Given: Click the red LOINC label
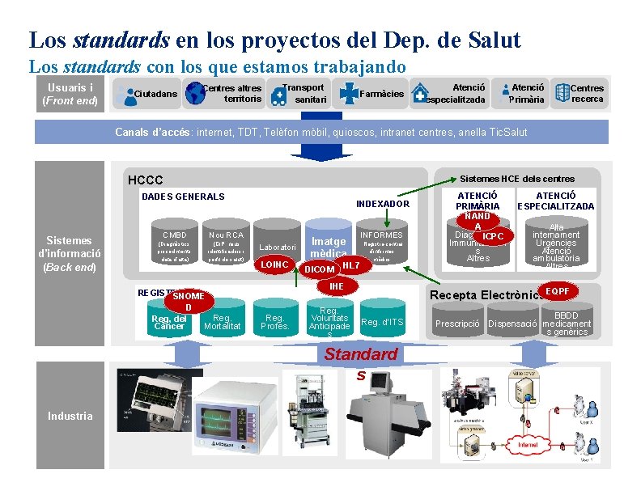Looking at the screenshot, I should click(x=274, y=264).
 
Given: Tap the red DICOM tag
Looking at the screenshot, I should click(x=317, y=269).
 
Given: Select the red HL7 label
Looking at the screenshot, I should click(x=350, y=265).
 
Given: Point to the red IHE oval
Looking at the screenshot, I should click(x=337, y=286).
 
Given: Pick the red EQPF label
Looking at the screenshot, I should click(x=558, y=290).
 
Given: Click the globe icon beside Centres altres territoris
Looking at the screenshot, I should click(x=196, y=94).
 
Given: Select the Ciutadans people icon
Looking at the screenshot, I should click(x=125, y=95).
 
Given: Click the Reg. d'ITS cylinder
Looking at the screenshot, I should click(x=382, y=322).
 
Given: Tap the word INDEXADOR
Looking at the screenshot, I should click(x=383, y=204).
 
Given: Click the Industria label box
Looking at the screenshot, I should click(x=70, y=416).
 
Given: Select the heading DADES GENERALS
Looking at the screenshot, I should click(x=183, y=197).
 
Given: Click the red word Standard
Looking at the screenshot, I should click(x=361, y=354).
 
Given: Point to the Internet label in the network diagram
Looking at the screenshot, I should click(x=528, y=445).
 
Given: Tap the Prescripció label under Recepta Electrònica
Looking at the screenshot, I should click(x=458, y=324).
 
